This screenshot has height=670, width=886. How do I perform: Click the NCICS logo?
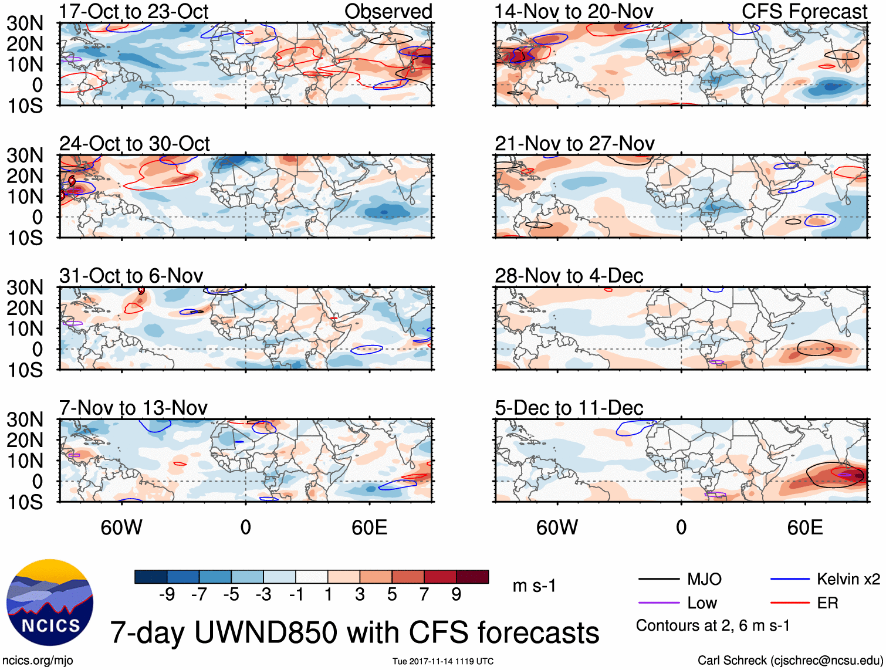pos(49,602)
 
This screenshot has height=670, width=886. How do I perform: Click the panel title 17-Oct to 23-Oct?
pos(133,12)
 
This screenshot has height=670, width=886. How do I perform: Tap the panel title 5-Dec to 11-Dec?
pos(569,408)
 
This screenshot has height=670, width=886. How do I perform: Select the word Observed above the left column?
pos(388,12)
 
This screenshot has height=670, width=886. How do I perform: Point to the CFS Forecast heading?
pos(804,12)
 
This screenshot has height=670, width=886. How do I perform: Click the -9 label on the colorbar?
pos(167,595)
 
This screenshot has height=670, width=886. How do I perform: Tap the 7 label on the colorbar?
pos(424,595)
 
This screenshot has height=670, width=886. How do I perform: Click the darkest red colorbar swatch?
pos(472,577)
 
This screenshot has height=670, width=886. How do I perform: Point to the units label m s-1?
pos(534,586)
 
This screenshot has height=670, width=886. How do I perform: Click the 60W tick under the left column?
pos(121,527)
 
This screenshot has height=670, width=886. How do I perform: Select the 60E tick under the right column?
pos(804,527)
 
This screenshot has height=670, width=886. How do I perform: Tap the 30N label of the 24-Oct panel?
pos(25,155)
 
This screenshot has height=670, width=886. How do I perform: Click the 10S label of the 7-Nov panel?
pos(25,502)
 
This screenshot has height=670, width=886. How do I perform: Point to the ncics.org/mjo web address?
pos(38,661)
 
